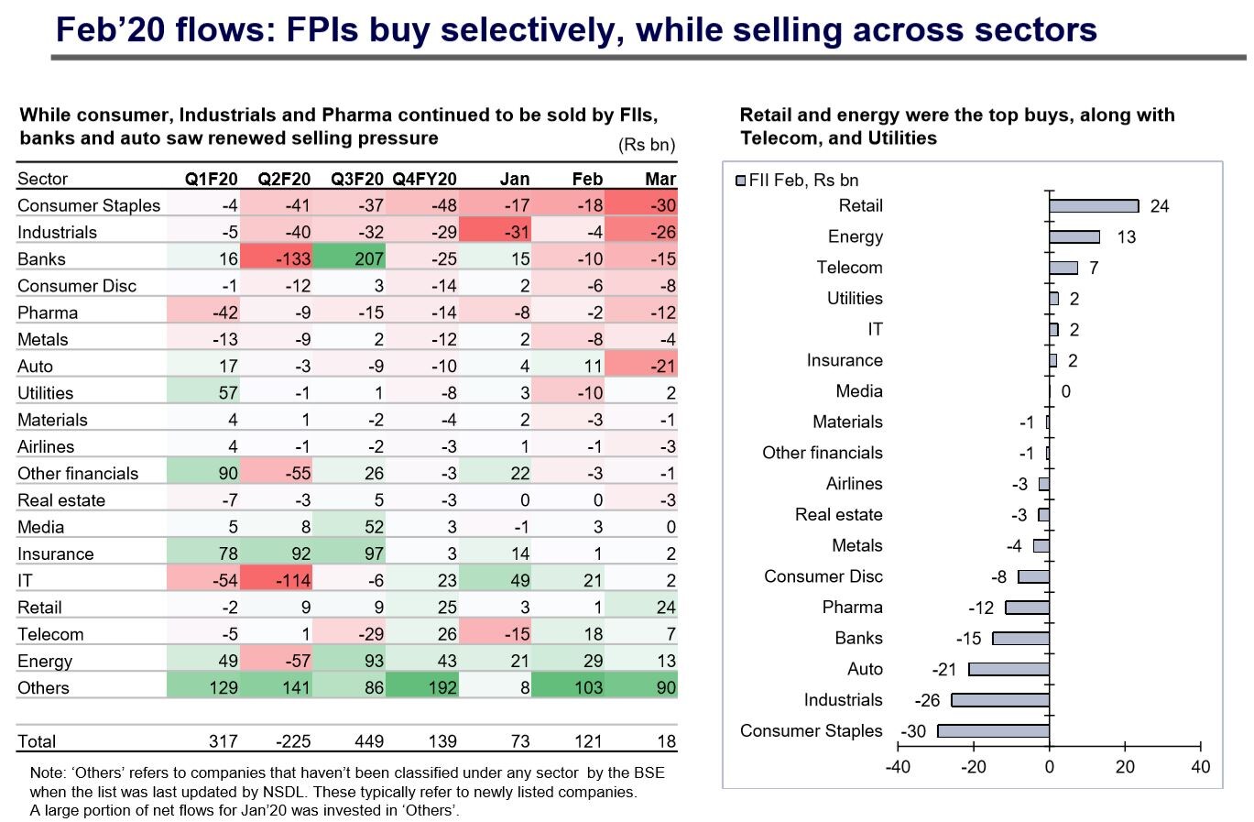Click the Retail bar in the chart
[1094, 206]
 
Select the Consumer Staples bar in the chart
[994, 731]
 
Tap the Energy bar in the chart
[1074, 237]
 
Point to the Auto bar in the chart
[1009, 670]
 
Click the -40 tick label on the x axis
[898, 767]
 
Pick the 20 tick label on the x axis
[1125, 767]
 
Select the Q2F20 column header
[284, 180]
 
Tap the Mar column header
[660, 180]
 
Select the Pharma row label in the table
[48, 313]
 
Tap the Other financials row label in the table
[78, 474]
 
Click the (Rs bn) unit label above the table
[647, 145]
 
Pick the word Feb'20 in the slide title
[108, 30]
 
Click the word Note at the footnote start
[47, 773]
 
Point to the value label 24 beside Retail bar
[1160, 206]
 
